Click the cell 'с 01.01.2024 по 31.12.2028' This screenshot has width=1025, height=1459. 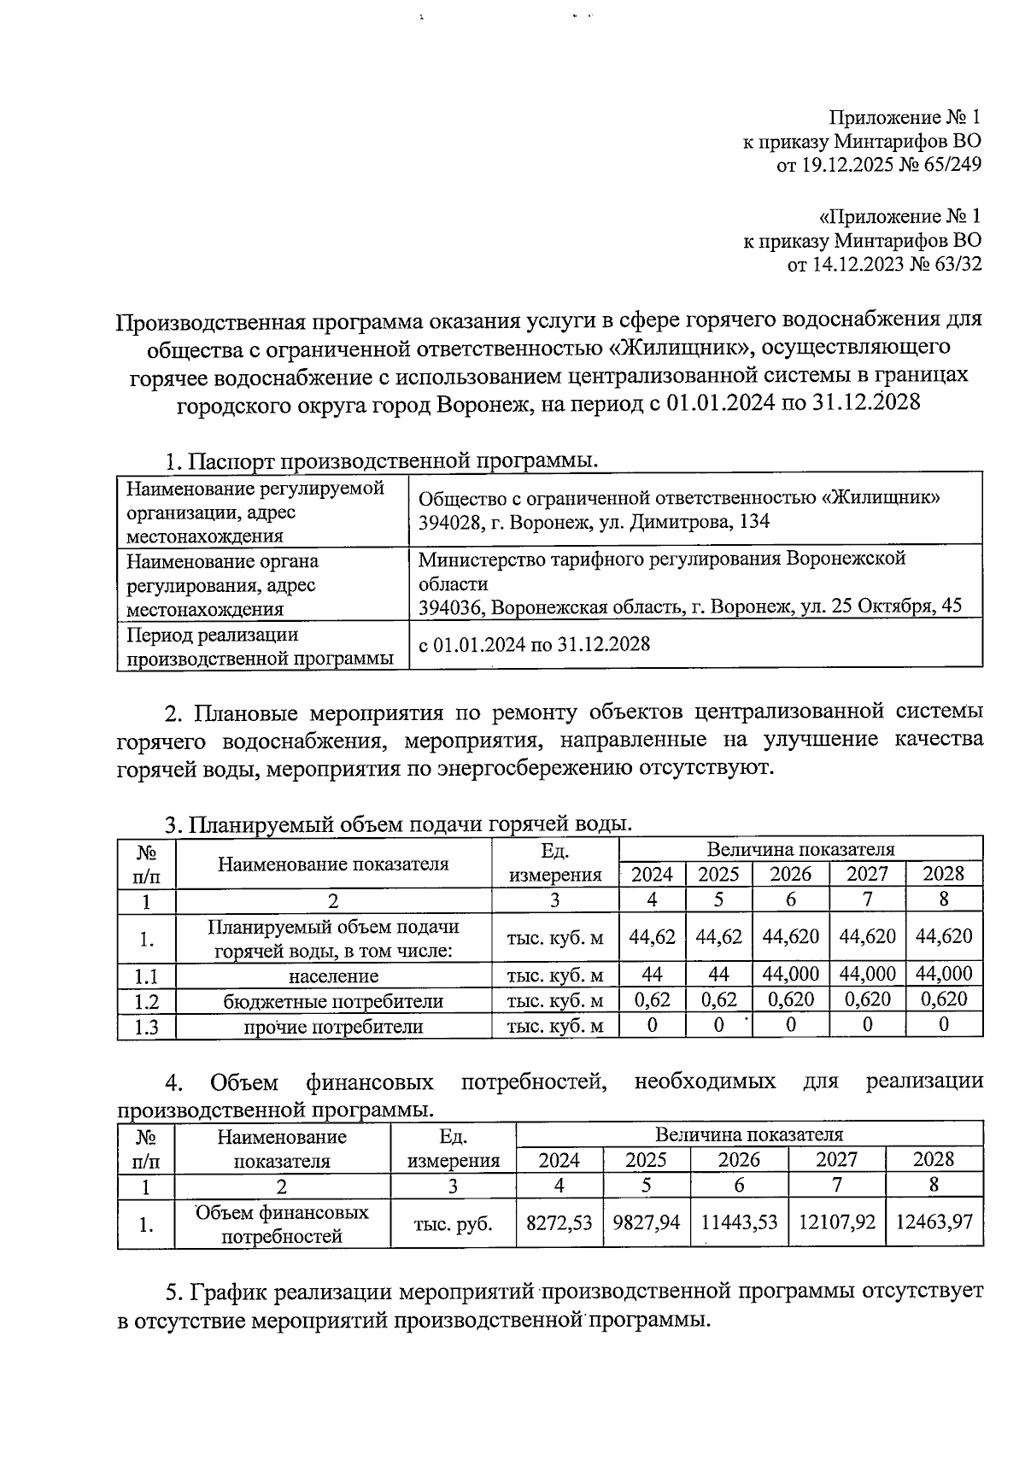coord(534,644)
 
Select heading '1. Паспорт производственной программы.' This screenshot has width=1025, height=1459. coord(380,461)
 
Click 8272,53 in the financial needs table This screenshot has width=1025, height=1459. coord(559,1222)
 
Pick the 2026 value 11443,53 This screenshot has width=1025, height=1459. coord(739,1222)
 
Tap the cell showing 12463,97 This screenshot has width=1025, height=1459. coord(934,1222)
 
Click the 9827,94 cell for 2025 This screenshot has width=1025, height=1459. coord(647,1222)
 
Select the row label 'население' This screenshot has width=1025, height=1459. coord(333,976)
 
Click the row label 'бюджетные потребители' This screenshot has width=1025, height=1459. coord(333,1001)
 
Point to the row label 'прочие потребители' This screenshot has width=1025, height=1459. coord(333,1026)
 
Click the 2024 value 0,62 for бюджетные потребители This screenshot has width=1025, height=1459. coord(652,999)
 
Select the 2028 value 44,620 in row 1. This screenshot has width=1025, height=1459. coord(944,936)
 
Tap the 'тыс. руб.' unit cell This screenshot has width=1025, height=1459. coord(453,1223)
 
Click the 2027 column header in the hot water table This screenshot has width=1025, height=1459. coord(867,874)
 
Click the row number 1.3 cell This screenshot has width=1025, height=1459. coord(147,1026)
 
